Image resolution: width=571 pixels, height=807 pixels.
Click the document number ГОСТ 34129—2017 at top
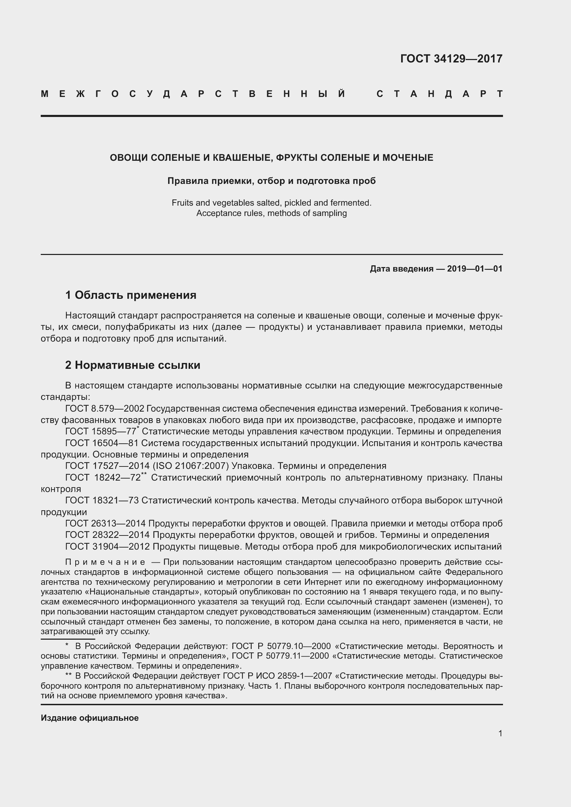pos(451,58)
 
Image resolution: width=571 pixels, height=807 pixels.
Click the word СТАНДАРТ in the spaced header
pos(439,94)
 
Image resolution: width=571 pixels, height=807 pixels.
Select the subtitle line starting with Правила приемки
pos(271,181)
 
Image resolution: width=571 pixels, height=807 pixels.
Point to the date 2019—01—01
pos(475,269)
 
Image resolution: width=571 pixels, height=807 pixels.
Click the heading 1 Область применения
pos(131,295)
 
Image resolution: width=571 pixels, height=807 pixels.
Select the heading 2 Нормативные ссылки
pos(133,365)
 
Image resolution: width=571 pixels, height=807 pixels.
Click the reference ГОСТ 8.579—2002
pos(104,409)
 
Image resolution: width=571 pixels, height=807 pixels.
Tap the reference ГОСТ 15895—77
pos(100,432)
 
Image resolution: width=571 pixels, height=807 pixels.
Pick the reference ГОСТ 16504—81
pos(102,443)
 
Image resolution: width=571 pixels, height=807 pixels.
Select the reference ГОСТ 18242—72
pos(103,478)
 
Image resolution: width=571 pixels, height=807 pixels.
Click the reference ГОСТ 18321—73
pos(102,501)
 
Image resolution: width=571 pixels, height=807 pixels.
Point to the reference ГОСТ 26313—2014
pos(105,523)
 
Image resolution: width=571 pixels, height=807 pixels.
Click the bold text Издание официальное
pos(90,718)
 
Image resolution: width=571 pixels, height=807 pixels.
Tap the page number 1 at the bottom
pos(500,734)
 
